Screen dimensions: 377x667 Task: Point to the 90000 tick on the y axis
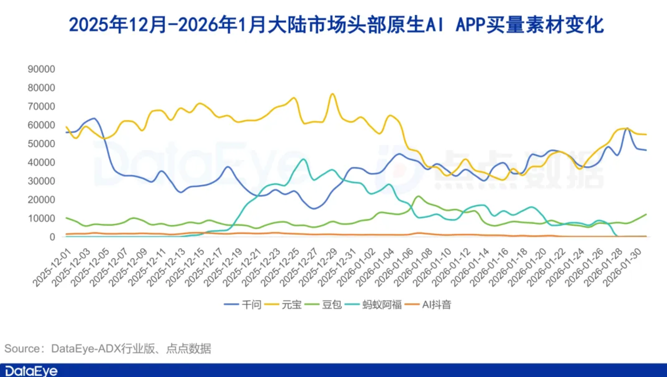[x=41, y=69]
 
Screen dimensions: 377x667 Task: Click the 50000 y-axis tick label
[x=41, y=144]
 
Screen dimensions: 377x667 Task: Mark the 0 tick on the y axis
[x=52, y=237]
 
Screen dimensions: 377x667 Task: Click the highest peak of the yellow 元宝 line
[x=332, y=94]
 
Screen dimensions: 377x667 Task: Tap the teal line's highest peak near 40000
[x=303, y=159]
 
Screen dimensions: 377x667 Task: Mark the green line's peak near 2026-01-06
[x=418, y=196]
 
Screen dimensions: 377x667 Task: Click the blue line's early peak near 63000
[x=94, y=119]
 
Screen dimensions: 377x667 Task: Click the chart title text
[x=336, y=25]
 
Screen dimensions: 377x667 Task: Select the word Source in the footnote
[x=22, y=349]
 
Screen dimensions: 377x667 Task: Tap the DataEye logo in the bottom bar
[x=31, y=371]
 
